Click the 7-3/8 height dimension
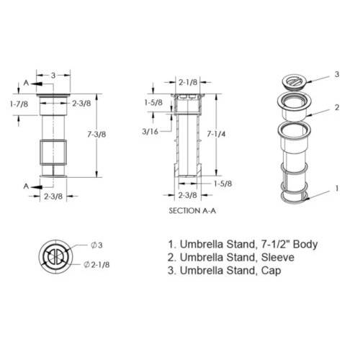pyautogui.click(x=96, y=135)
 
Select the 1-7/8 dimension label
pyautogui.click(x=19, y=104)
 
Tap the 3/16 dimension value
pyautogui.click(x=150, y=132)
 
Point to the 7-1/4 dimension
pyautogui.click(x=216, y=134)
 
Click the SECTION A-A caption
pyautogui.click(x=192, y=211)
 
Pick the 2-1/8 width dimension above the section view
pyautogui.click(x=188, y=82)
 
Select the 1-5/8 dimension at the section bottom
pyautogui.click(x=223, y=184)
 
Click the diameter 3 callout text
pyautogui.click(x=96, y=245)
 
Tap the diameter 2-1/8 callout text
pyautogui.click(x=96, y=264)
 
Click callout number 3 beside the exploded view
pyautogui.click(x=337, y=74)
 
